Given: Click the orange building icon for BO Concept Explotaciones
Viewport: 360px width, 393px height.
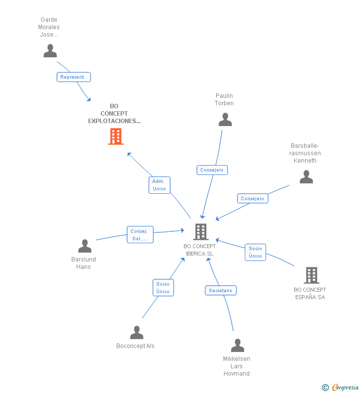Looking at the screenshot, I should [116, 136].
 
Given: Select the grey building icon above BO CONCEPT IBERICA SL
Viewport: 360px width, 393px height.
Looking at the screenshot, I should [200, 231].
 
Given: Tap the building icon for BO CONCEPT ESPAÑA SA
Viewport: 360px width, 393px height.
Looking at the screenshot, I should [311, 275].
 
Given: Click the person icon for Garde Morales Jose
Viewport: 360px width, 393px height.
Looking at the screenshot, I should [50, 51].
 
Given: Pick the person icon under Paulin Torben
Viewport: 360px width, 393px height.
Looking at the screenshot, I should [225, 120].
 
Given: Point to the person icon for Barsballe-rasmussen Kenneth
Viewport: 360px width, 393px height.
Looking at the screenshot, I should [306, 177].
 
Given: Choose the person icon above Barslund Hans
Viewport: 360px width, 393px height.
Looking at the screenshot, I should [85, 246].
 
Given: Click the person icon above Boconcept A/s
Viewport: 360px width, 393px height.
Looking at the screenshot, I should [136, 333].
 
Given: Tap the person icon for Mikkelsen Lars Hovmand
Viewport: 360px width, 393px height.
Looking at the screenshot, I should [237, 346].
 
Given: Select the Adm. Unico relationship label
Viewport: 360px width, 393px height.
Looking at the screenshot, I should [159, 185].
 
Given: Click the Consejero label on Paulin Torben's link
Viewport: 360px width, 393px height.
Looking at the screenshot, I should [212, 170].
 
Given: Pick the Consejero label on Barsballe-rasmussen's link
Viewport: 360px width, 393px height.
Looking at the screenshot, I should [253, 199].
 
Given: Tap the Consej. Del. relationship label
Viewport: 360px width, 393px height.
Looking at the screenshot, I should [140, 235].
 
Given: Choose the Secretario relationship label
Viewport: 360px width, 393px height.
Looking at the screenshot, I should [221, 291].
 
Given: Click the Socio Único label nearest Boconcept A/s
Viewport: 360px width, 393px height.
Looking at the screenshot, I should [163, 288].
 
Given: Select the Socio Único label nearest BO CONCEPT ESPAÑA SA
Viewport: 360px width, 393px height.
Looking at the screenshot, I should [256, 252].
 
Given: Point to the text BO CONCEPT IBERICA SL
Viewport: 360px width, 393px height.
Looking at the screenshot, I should [200, 250].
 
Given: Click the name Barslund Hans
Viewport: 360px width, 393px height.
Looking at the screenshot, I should [84, 263].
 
